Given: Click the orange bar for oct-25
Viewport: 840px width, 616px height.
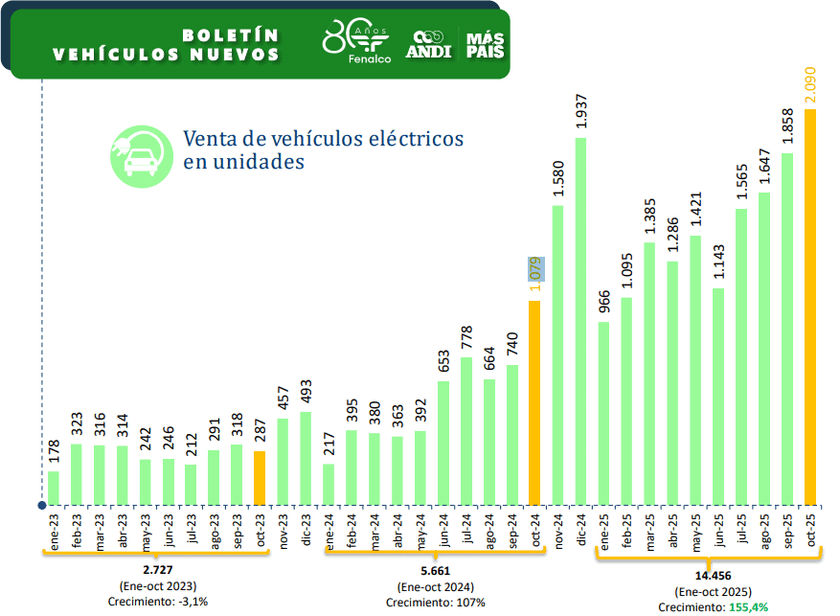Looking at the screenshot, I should point(810,307).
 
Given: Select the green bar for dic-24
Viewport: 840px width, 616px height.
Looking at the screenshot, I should point(580,321).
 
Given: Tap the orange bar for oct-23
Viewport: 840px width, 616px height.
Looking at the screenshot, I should point(260,477).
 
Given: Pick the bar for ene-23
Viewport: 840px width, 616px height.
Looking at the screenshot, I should point(54,488).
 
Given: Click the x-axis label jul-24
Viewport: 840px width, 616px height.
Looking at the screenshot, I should point(466,532).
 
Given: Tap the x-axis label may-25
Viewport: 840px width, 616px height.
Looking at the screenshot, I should point(696,533).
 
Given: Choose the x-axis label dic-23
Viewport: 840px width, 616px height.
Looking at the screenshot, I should point(306,531).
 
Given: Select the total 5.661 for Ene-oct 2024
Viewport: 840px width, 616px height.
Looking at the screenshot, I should point(435,572).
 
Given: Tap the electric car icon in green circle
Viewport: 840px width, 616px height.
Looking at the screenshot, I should point(140,155).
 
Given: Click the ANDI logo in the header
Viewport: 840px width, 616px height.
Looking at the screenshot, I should point(428,44).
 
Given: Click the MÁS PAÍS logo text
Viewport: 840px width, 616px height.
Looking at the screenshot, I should point(485,44).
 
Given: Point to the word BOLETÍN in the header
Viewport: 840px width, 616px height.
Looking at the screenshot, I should point(230,34).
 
